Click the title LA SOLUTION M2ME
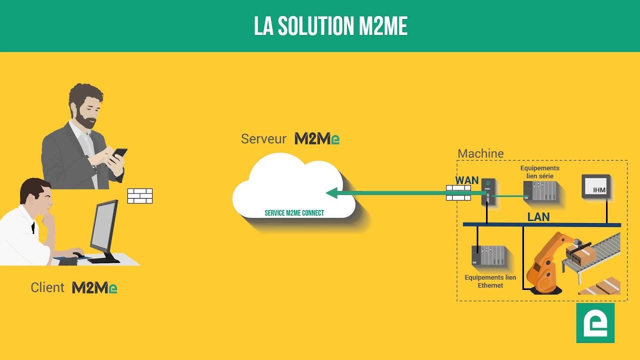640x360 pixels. click(x=330, y=26)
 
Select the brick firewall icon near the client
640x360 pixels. click(x=139, y=195)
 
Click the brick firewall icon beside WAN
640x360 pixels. click(x=458, y=193)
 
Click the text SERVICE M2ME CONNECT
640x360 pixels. click(x=294, y=213)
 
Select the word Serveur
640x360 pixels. click(x=263, y=138)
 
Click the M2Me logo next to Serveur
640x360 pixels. click(x=317, y=138)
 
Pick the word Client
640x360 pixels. click(x=47, y=287)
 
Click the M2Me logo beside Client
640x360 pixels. click(x=94, y=287)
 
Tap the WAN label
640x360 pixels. click(x=466, y=180)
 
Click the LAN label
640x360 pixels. click(x=538, y=217)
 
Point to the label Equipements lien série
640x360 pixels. click(x=539, y=172)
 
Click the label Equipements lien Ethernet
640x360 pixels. click(x=490, y=281)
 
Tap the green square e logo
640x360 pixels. click(x=595, y=322)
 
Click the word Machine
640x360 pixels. click(x=480, y=153)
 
